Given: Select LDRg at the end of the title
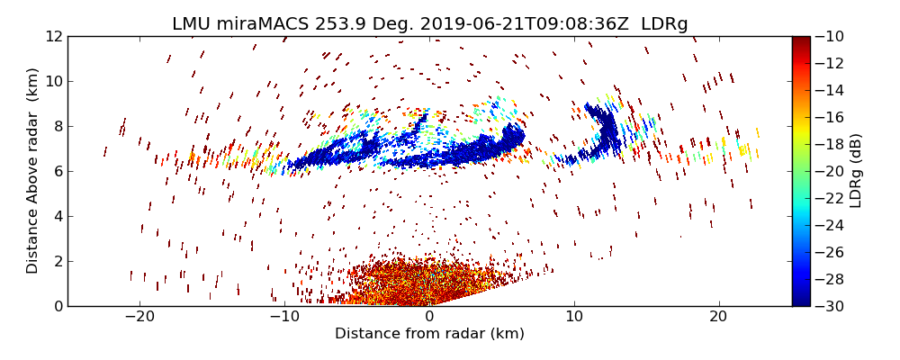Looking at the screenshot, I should (x=664, y=24).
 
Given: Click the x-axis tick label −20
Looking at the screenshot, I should (x=139, y=318).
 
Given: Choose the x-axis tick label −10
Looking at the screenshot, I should (x=284, y=318).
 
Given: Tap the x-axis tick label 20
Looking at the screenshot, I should (x=718, y=318).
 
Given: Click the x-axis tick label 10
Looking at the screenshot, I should (x=574, y=318).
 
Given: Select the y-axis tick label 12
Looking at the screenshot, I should (x=53, y=36).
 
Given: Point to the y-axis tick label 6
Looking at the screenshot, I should (x=58, y=171).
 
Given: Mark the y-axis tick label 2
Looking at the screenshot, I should (x=58, y=261).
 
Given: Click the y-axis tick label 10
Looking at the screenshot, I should (x=53, y=81).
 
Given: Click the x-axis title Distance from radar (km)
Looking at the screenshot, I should (x=429, y=334).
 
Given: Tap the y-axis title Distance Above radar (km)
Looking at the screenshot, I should (x=33, y=171).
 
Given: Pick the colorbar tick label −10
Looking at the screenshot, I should (x=830, y=36).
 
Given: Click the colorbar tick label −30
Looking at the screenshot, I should (x=830, y=306).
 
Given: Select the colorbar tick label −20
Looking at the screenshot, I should (x=830, y=171).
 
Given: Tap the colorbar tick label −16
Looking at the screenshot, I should (x=830, y=117).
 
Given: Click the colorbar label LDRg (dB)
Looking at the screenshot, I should (x=856, y=171).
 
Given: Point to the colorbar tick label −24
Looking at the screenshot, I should (x=830, y=225).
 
